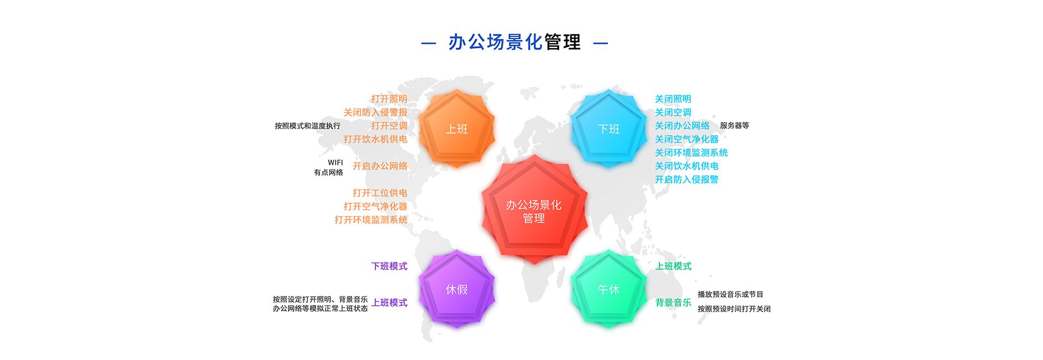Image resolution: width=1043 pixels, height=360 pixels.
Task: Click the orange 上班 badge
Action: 456,128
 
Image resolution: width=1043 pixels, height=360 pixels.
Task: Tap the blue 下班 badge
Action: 608,128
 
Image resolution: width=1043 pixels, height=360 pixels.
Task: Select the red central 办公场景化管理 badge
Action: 534,210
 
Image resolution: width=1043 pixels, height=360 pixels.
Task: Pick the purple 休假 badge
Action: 456,289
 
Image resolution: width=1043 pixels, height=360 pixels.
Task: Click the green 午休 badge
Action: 608,289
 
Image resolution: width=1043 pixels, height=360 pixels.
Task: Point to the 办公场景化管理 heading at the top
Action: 514,42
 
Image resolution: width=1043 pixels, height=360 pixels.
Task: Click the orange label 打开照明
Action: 389,99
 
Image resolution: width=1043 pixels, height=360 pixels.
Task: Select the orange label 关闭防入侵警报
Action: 375,112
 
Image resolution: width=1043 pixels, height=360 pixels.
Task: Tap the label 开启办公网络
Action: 380,166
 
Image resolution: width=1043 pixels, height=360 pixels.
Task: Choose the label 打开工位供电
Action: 380,193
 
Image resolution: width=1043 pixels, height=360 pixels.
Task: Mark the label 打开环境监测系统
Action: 371,219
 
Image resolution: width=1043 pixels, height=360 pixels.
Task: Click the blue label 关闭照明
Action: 673,99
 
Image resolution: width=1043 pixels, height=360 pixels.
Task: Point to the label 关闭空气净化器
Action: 687,139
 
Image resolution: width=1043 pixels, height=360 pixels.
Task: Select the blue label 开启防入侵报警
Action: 687,179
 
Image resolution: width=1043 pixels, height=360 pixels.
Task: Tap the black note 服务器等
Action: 734,125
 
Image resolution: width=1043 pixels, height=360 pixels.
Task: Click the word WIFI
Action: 335,162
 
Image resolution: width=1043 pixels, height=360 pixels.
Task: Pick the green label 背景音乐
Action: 673,302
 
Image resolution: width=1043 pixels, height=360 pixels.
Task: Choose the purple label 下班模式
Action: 389,266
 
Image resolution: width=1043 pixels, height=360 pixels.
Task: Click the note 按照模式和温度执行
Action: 307,126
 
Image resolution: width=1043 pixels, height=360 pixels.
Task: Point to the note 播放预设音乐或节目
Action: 731,294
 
